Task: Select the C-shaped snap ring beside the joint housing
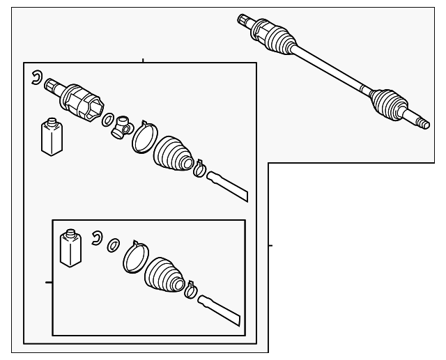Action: [x=37, y=78]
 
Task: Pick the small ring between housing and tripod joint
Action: [x=109, y=120]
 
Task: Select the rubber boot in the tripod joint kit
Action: [x=173, y=154]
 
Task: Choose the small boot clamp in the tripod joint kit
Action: [x=199, y=168]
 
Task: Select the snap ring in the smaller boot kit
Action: [x=97, y=239]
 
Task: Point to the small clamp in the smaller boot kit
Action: [x=190, y=290]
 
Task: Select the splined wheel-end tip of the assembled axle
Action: [x=421, y=123]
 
